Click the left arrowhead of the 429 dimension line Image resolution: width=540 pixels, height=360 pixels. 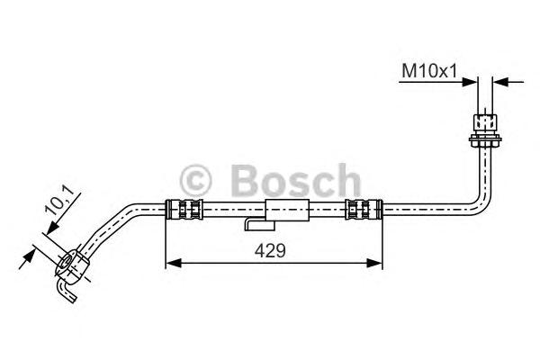pos(172,263)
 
